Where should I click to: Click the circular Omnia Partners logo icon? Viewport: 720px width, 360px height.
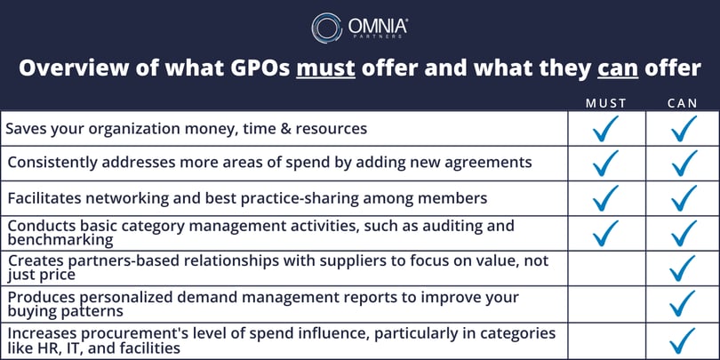coord(326,28)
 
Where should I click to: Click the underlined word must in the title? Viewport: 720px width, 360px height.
coord(325,68)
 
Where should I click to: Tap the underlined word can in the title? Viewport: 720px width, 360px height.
coord(618,68)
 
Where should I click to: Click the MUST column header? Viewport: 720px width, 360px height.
coord(606,103)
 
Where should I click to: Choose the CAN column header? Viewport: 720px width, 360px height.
coord(683,103)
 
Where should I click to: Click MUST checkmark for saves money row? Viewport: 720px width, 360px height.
coord(605,128)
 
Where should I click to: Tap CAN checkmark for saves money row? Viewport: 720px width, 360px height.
coord(684,128)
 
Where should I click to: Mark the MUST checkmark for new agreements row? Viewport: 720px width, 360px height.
coord(605,163)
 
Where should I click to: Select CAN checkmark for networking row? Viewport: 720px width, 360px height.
coord(684,198)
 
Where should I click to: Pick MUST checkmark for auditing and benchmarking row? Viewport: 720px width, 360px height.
coord(605,233)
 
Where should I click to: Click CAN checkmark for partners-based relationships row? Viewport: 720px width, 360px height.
coord(684,268)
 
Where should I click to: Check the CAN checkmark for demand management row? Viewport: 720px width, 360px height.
coord(684,303)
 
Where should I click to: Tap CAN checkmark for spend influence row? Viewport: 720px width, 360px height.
coord(684,340)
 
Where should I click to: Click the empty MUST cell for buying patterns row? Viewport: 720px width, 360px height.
coord(606,303)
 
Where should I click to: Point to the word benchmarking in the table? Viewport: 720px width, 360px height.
coord(60,240)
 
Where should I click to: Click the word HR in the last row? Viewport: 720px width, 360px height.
coord(45,348)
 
